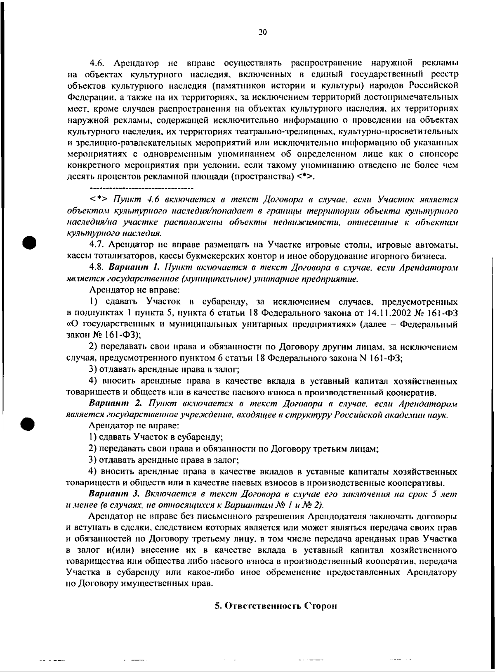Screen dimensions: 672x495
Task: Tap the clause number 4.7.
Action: coord(97,245)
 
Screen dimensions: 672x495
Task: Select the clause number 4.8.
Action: coord(97,268)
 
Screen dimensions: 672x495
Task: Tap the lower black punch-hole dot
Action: coord(31,412)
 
